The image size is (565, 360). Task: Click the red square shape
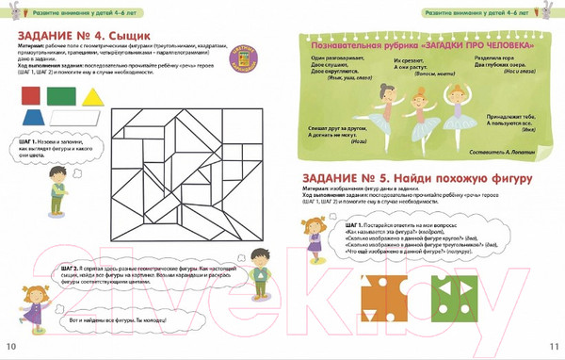click(31, 95)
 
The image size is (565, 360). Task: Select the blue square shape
click(61, 95)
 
